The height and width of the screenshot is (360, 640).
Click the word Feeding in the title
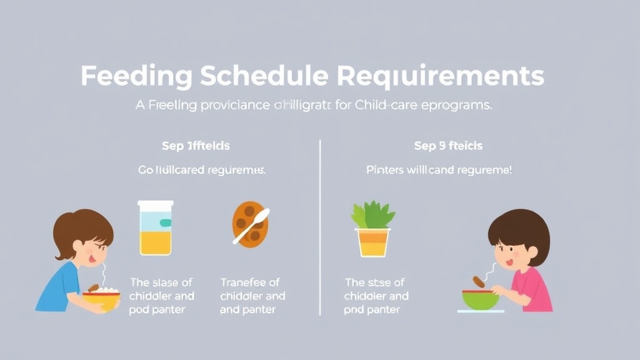[136, 76]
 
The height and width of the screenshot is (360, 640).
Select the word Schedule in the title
[264, 76]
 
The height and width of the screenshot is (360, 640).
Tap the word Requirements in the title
[441, 76]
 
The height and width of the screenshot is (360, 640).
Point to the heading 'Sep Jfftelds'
[196, 146]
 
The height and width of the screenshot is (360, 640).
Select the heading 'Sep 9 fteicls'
[448, 146]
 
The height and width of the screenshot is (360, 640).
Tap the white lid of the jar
[156, 204]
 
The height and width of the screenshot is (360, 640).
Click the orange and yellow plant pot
[373, 242]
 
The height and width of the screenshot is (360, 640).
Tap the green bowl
[481, 299]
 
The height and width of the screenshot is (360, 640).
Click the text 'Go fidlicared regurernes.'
[202, 170]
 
